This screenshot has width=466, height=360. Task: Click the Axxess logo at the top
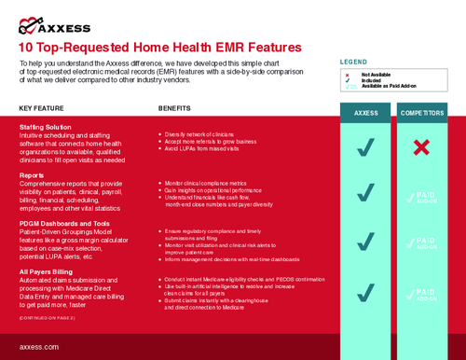point(55,26)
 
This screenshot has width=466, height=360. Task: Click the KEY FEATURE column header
point(41,108)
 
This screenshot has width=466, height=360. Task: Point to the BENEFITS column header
point(174,108)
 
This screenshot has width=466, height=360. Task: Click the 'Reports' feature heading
point(33,174)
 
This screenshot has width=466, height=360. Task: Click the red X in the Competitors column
point(422,147)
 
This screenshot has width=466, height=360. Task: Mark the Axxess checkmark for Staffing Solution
point(365,147)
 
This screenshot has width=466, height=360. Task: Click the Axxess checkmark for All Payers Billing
point(365,290)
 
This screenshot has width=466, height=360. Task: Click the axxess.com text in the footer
point(40,346)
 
